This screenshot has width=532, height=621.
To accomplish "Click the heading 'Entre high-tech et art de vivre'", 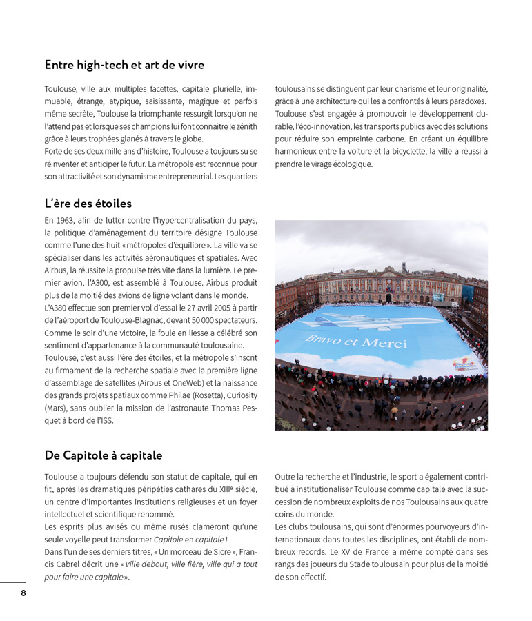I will coord(124,66).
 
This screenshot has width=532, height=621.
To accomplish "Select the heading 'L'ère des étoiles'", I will coord(88,204).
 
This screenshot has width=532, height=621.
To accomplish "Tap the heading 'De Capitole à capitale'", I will coord(104,455).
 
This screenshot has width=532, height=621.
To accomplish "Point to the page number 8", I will coord(23,593).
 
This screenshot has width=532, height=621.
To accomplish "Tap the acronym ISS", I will coord(104,420).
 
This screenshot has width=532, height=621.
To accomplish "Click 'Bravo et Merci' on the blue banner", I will coord(356,342).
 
